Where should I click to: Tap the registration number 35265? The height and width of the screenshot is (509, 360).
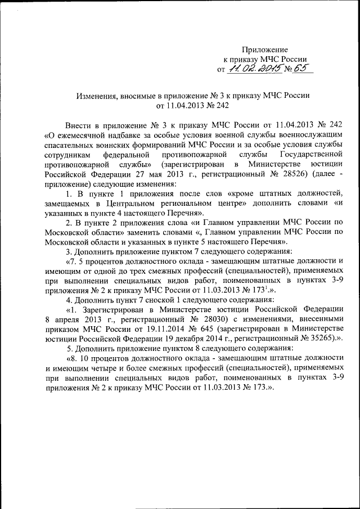(316, 338)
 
